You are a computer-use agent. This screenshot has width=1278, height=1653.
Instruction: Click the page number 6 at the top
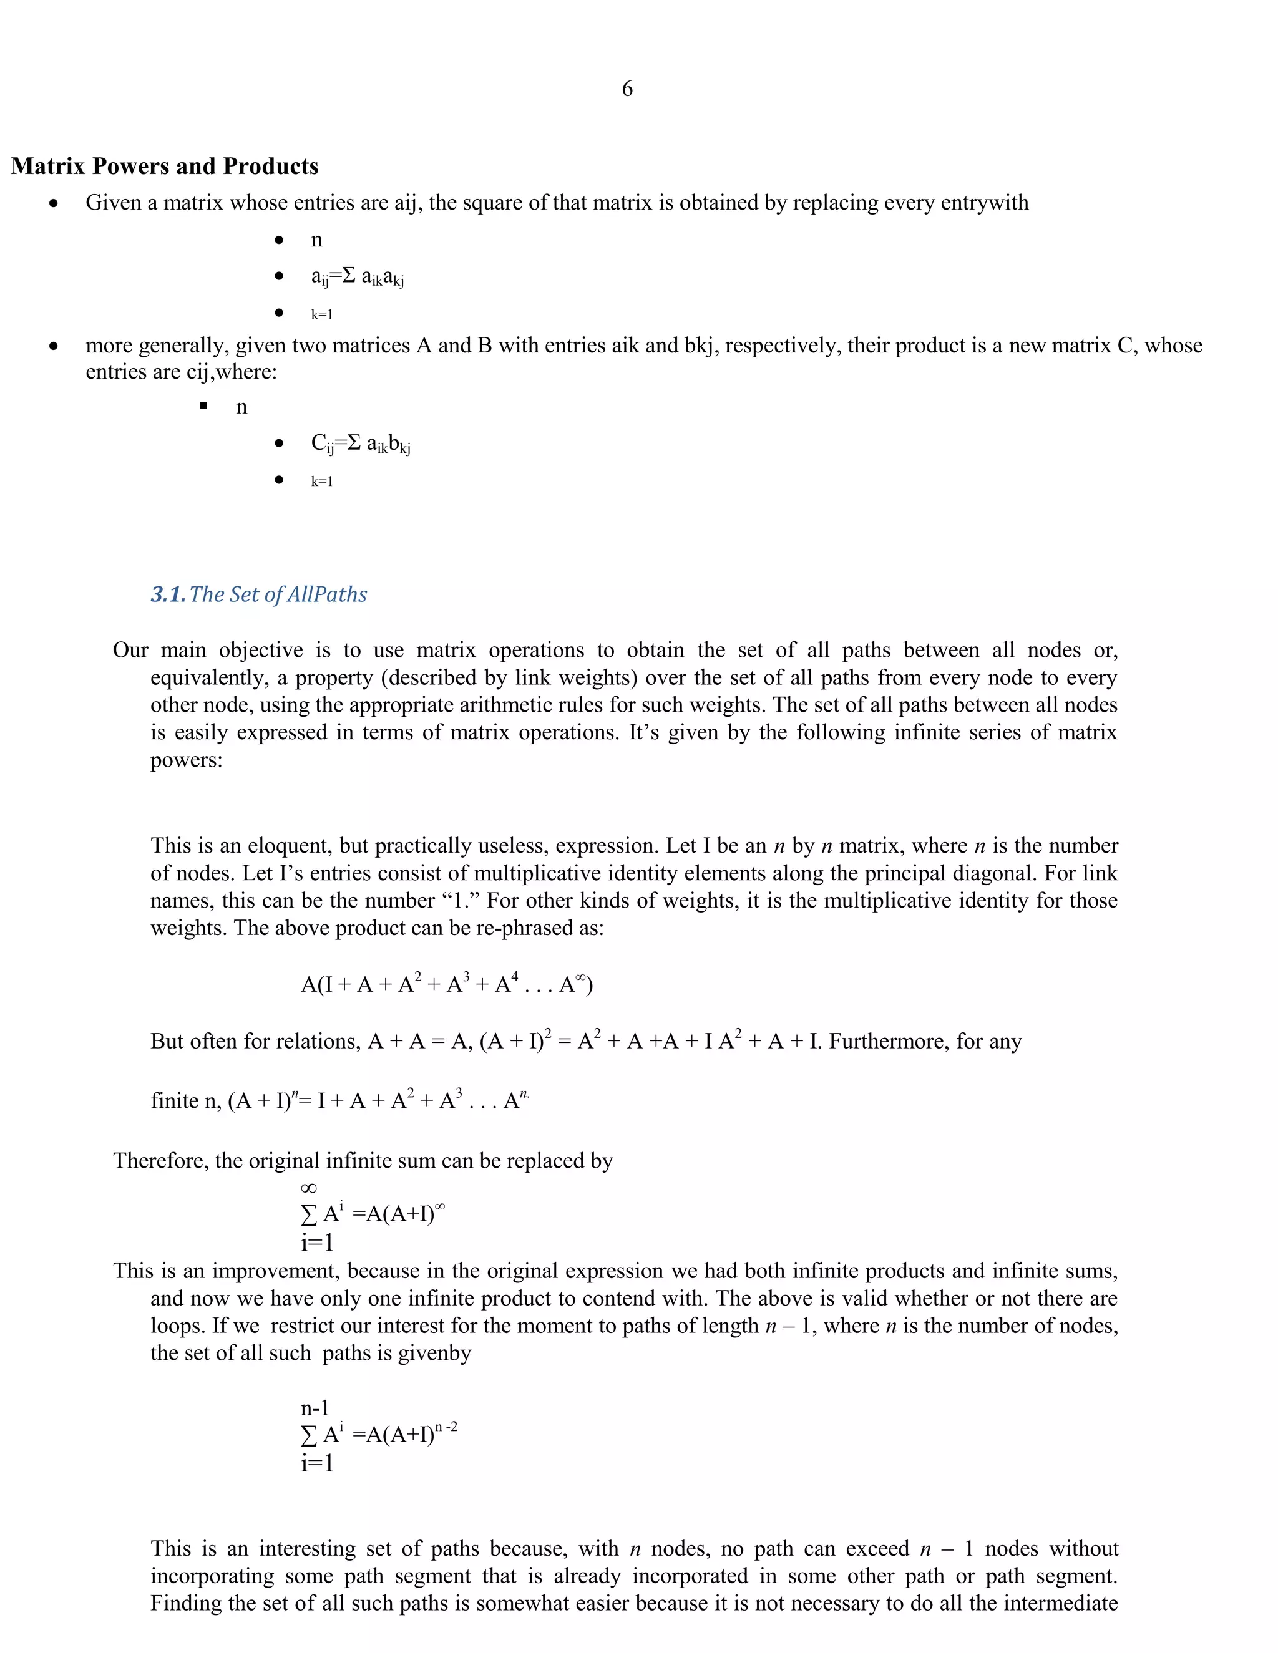click(x=627, y=89)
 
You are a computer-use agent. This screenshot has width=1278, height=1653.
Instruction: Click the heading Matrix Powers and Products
click(x=165, y=167)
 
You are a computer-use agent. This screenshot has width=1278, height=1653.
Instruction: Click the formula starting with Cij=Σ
click(x=361, y=444)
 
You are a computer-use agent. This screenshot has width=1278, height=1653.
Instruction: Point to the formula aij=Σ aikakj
click(x=358, y=277)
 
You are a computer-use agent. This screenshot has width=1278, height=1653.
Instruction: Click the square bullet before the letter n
click(x=203, y=407)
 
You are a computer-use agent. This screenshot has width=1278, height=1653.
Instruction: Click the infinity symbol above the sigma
click(x=309, y=1189)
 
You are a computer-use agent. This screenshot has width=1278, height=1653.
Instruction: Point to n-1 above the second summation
click(x=315, y=1408)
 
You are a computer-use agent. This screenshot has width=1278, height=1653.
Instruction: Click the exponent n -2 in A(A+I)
click(x=446, y=1427)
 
